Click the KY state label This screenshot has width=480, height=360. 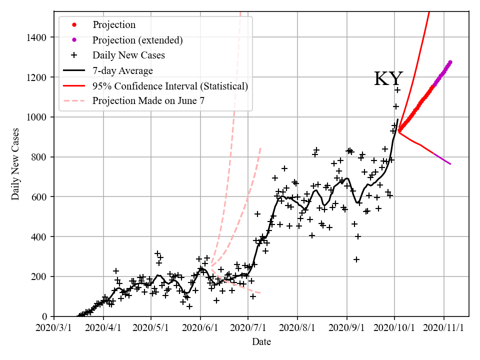click(x=388, y=79)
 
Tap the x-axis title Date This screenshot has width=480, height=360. click(x=261, y=342)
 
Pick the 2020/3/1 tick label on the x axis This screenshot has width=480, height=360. click(x=54, y=327)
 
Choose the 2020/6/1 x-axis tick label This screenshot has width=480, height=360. click(x=200, y=327)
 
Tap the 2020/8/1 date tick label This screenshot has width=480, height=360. click(x=297, y=327)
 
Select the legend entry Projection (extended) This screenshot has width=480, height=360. click(x=137, y=40)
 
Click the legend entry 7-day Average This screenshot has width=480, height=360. click(x=122, y=70)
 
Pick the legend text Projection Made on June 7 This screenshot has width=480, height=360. click(x=148, y=101)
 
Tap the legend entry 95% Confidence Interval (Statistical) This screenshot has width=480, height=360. click(x=170, y=86)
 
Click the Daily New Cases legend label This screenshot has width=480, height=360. click(x=128, y=55)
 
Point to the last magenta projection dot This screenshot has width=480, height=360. click(x=450, y=62)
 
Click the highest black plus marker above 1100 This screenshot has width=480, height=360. click(x=397, y=90)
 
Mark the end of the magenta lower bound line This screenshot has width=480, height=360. click(x=450, y=164)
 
